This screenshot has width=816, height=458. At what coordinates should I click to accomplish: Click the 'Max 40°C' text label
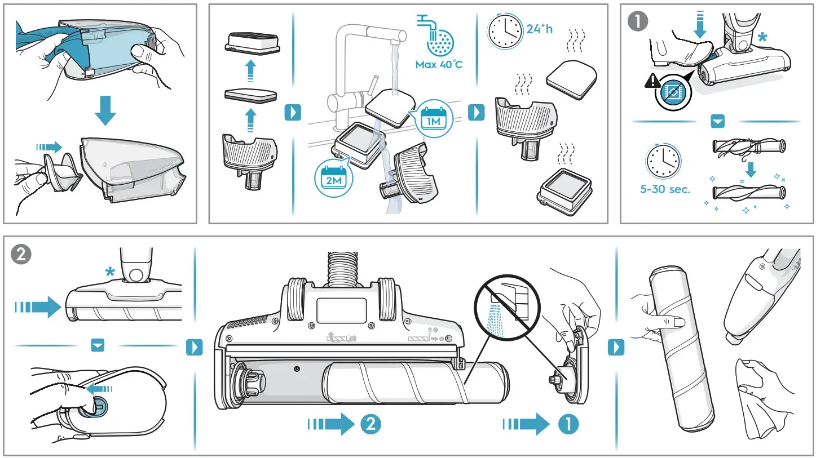point(438,65)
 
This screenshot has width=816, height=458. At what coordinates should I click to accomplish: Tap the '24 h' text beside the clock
point(540,29)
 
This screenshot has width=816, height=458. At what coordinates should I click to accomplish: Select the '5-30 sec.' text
point(665,189)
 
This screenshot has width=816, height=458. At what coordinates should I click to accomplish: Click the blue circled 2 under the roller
point(370,424)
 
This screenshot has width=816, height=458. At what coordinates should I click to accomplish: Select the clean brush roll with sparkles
point(749,192)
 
